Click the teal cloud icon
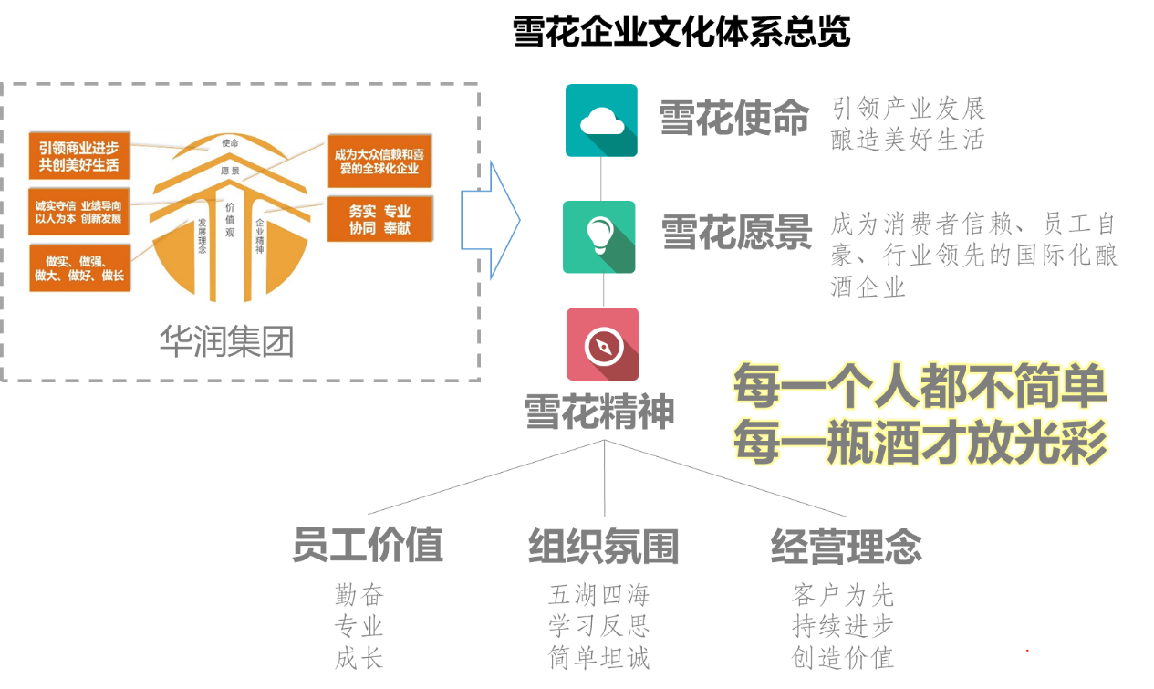coord(601,120)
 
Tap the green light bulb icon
coord(599,237)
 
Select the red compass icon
coord(603,344)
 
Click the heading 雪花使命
coord(734,119)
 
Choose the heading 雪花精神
coord(599,412)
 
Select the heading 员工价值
coord(368,546)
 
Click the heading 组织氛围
coord(604,546)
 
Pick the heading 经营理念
coord(847,546)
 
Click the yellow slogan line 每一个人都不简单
coord(920,386)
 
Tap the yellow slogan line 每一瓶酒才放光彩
coord(920,442)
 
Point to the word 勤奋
coord(359,596)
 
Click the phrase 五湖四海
coord(598,596)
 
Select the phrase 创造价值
coord(842,658)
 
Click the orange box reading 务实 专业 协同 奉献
coord(379,219)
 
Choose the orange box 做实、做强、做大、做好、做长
coord(78,267)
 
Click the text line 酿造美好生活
coord(908,140)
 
